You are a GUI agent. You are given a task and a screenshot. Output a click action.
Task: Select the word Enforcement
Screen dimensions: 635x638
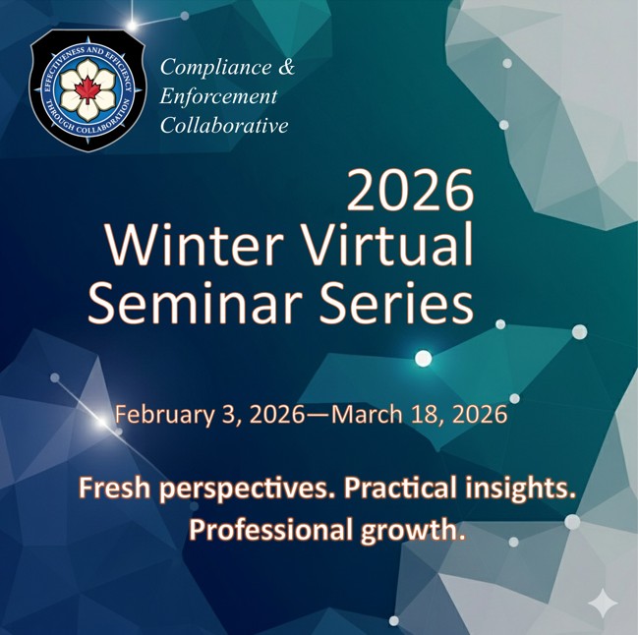[x=218, y=97]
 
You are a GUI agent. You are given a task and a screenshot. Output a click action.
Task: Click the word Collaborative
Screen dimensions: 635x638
[x=224, y=126]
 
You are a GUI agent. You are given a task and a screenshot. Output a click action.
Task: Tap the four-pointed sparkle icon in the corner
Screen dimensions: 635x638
[x=602, y=604]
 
